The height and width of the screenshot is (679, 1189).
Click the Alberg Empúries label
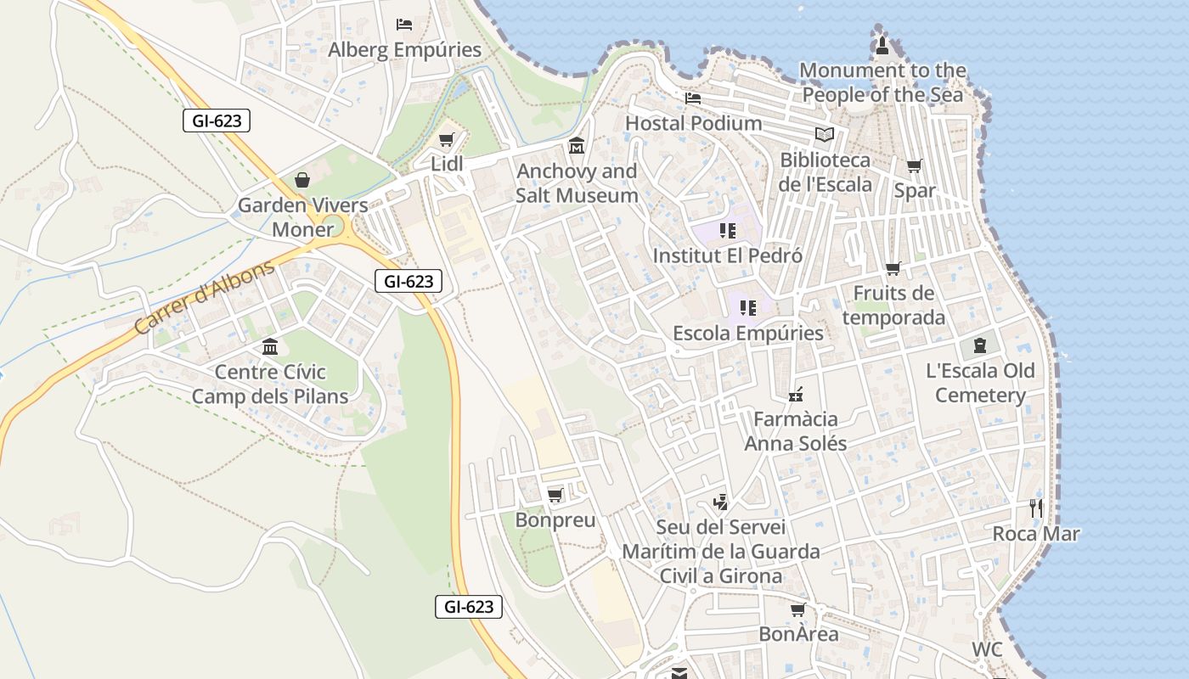pos(404,50)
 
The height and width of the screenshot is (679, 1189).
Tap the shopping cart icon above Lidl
pos(447,139)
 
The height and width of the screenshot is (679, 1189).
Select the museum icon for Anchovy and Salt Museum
pos(577,146)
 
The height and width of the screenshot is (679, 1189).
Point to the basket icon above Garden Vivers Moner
pos(302,180)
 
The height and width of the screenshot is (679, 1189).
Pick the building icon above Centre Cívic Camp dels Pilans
pos(270,346)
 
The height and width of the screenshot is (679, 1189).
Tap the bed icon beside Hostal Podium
pos(693,98)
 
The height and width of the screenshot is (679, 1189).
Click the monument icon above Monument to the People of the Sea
pos(882,45)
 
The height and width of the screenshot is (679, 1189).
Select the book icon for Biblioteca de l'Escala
pos(824,134)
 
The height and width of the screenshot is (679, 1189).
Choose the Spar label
pos(915,191)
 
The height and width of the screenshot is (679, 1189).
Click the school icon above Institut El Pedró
pos(727,230)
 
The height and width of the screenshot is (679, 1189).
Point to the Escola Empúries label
pos(748,333)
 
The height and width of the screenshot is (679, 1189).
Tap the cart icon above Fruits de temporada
pos(893,269)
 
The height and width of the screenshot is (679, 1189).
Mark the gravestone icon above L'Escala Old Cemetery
pos(980,345)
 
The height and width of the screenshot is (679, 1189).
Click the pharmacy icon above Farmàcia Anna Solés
pos(796,394)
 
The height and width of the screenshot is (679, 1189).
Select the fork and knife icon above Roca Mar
pos(1035,508)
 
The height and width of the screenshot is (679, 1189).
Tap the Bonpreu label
pos(555,520)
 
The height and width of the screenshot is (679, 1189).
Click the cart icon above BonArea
pos(797,609)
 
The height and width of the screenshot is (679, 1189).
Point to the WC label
pos(987,650)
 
